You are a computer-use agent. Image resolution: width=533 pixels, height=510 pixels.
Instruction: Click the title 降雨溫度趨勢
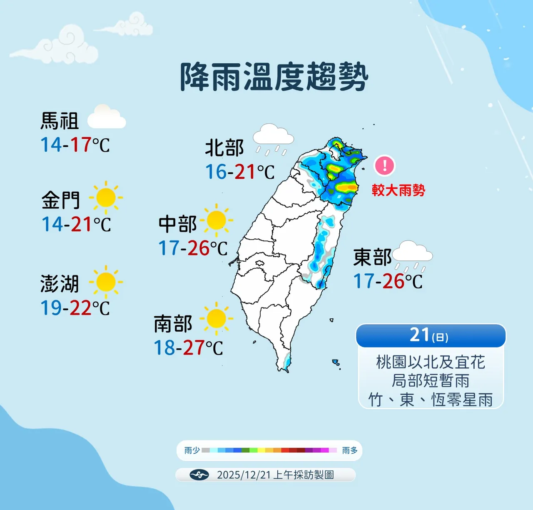(x=274, y=77)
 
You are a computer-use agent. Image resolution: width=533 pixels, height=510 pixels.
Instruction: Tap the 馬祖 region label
(x=60, y=121)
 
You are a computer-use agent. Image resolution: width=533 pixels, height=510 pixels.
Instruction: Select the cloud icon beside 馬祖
(x=106, y=117)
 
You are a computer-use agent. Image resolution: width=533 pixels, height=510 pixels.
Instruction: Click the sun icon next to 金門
(x=106, y=197)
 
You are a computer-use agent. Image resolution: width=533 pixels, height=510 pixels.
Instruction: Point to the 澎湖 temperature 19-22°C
(x=75, y=308)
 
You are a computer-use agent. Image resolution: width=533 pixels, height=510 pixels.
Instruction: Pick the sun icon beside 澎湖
(x=106, y=282)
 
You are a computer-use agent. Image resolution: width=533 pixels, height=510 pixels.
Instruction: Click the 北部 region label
(x=224, y=148)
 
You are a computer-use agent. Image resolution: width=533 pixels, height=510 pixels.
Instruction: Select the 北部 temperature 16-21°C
(x=240, y=172)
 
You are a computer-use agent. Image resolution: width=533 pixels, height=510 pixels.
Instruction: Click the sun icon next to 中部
(x=216, y=220)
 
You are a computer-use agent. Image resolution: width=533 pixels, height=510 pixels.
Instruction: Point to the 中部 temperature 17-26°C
(x=193, y=248)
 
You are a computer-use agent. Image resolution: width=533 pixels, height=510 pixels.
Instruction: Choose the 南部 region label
(x=173, y=324)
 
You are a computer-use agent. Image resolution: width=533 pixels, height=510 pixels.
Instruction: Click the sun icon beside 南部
(x=216, y=319)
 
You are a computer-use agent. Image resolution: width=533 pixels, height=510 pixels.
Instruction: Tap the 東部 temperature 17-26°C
(x=388, y=281)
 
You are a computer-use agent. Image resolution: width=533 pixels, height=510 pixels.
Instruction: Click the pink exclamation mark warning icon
(x=385, y=165)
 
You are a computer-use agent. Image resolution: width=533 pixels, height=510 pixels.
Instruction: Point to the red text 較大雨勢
(x=399, y=190)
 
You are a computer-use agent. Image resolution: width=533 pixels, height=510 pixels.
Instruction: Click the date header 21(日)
(x=430, y=335)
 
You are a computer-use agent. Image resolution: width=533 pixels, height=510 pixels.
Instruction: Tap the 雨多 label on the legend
(x=350, y=450)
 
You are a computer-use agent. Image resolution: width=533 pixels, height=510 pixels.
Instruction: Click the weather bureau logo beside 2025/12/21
(x=199, y=475)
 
